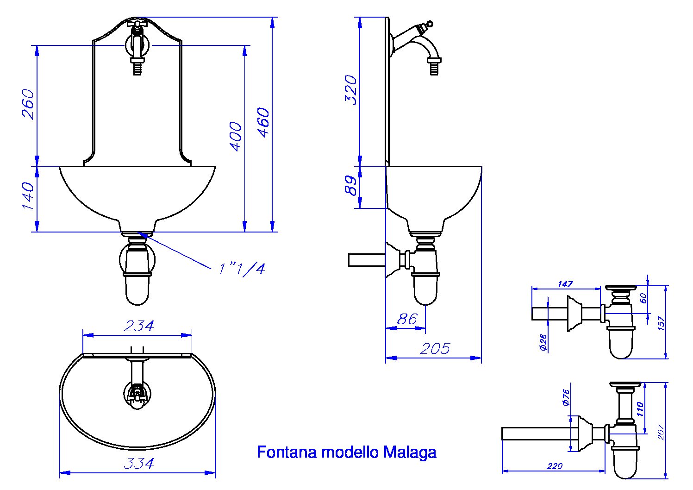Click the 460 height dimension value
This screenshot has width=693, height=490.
tap(263, 122)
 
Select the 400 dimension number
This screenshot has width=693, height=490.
tap(236, 137)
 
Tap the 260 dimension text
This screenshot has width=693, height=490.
tap(28, 104)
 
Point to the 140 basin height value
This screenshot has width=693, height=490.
tap(28, 195)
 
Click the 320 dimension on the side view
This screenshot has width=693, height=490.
tap(351, 90)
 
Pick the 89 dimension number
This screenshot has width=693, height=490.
tap(351, 185)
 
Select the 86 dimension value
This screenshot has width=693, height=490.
tap(407, 319)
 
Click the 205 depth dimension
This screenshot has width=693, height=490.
tap(435, 349)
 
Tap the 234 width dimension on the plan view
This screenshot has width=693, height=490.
tap(138, 326)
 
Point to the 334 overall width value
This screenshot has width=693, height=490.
tap(138, 464)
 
